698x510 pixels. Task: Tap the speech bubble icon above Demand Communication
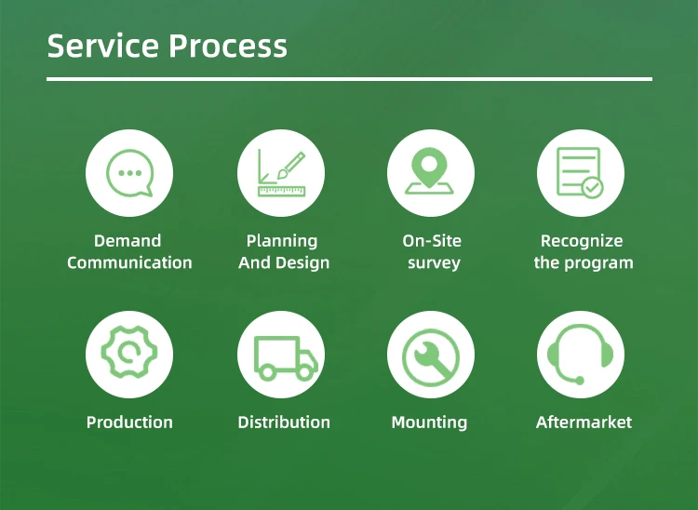129,173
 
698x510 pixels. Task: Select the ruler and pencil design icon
280,173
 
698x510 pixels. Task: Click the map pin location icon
430,173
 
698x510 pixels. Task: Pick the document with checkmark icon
581,173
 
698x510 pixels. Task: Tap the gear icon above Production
129,354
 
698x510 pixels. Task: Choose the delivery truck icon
280,354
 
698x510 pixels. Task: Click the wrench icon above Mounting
430,354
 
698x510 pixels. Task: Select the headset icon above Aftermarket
581,354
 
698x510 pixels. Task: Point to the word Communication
129,262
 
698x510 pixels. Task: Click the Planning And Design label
283,252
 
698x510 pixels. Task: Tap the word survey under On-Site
434,262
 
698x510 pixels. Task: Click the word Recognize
582,241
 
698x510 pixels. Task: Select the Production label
129,422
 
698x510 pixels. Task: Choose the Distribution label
284,422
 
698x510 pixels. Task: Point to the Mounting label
429,422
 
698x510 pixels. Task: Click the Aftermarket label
584,422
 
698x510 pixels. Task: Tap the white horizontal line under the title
349,79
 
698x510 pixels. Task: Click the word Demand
128,241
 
